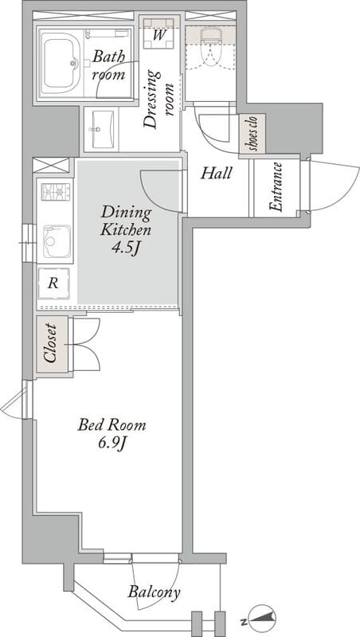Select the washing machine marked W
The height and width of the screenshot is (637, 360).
point(158,33)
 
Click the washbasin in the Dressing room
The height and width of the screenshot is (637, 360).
point(101,129)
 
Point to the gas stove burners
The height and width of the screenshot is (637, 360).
point(56,192)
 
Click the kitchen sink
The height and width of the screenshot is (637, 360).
point(57,241)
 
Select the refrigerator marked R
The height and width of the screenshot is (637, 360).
point(53,283)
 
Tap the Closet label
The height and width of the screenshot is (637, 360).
point(51,343)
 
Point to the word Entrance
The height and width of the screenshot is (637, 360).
point(276,187)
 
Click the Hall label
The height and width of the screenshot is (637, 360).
point(217,174)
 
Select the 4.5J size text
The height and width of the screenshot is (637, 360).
point(126,247)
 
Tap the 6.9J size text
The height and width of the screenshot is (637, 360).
point(111,444)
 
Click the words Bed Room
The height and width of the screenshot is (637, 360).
point(112,425)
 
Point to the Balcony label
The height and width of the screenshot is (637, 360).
point(155,592)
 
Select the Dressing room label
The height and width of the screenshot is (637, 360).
point(158,100)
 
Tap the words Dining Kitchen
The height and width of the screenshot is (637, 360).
point(126,221)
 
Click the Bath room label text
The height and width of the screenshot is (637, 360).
point(108,65)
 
